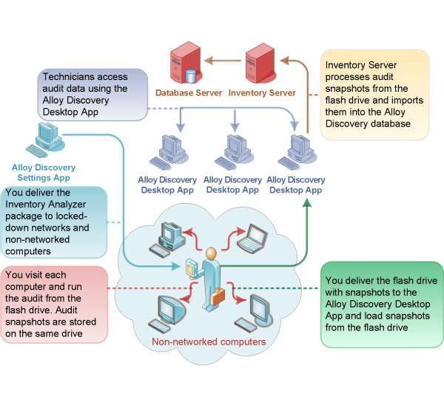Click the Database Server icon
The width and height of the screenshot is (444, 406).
click(184, 64)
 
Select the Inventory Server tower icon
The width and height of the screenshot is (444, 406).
click(261, 63)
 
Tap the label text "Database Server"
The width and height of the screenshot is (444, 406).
click(188, 93)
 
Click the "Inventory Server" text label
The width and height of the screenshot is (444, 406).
click(262, 93)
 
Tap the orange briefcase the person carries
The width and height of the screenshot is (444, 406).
click(218, 297)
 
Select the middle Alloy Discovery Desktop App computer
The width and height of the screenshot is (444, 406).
click(232, 152)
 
